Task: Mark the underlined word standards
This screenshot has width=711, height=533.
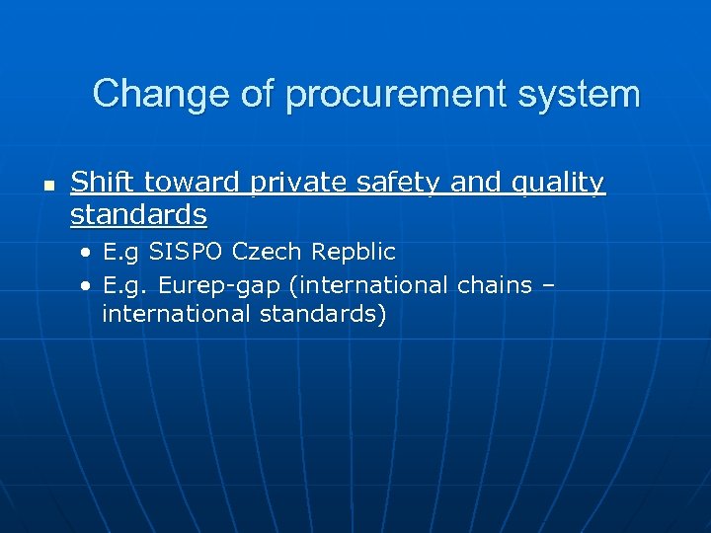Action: (x=138, y=214)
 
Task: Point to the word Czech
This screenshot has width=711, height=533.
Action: (x=264, y=253)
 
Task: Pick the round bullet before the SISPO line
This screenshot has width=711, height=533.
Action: (x=87, y=254)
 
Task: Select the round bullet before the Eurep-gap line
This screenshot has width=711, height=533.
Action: (x=87, y=286)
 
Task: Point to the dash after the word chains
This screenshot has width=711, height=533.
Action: (x=549, y=286)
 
